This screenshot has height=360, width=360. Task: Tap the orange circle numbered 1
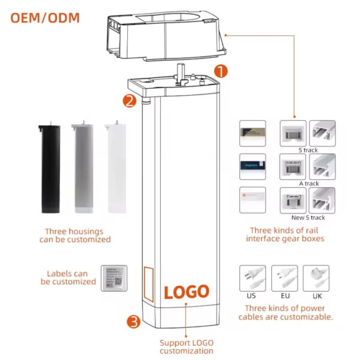(x=221, y=71)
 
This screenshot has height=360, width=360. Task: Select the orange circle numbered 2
(x=130, y=101)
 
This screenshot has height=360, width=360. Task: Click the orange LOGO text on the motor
(x=187, y=292)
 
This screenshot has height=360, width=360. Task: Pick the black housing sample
(x=49, y=169)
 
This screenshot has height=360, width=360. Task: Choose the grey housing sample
(x=82, y=169)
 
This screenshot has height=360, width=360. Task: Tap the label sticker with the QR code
(x=113, y=278)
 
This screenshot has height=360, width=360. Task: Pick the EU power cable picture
(x=284, y=278)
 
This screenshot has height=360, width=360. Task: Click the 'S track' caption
(x=308, y=150)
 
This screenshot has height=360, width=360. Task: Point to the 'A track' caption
(x=308, y=184)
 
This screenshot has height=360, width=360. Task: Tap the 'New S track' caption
(x=308, y=217)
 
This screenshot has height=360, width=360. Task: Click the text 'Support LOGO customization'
(x=186, y=346)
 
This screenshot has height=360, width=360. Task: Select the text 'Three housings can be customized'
(x=78, y=235)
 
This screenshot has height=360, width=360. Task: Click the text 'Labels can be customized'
(x=68, y=277)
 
